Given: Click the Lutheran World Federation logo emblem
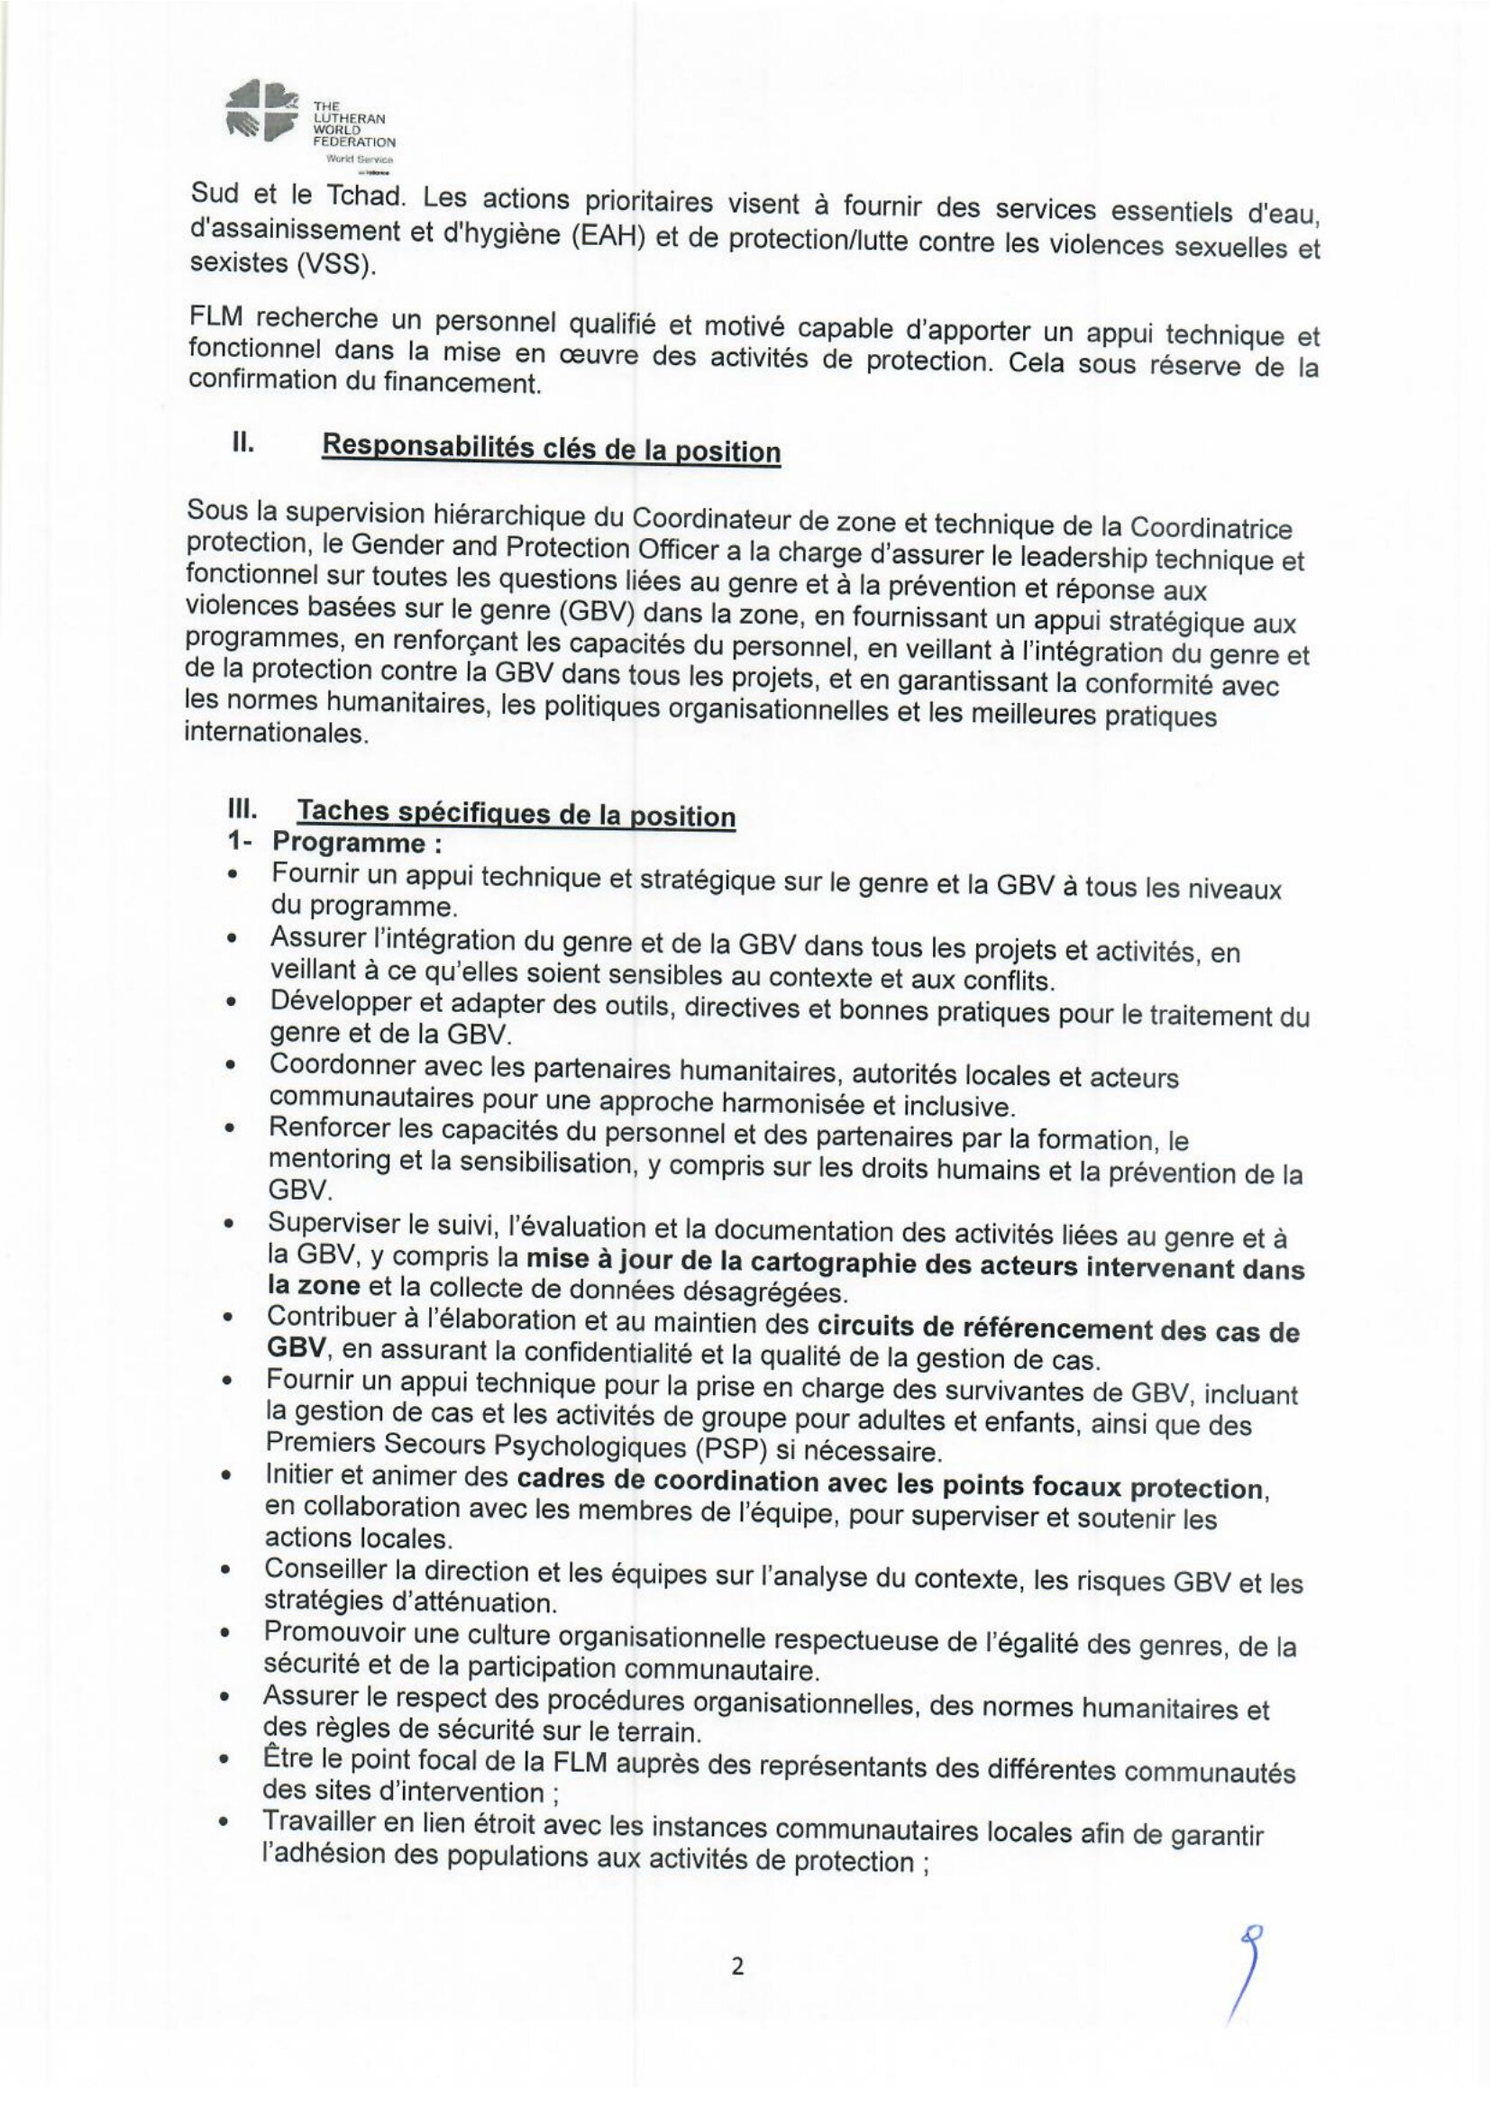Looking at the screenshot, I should pos(261,112).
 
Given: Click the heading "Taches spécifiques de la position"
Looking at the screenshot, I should pos(516,814).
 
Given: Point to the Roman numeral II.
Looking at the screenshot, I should pos(242,442).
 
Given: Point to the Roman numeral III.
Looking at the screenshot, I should pos(242,810).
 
